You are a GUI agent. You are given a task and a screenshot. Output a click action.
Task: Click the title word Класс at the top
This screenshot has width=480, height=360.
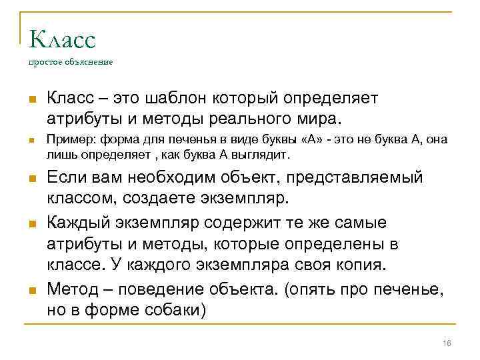point(63,39)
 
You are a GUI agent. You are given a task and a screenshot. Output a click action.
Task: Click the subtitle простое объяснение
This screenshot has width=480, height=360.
point(71,63)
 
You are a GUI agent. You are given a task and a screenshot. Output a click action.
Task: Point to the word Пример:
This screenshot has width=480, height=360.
point(67,140)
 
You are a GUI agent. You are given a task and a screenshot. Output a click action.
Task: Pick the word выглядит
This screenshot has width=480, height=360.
point(266,154)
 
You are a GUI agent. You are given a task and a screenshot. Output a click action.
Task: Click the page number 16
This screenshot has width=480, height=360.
point(447,343)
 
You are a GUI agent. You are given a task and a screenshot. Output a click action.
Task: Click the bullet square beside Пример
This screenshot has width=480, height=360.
point(32,141)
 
